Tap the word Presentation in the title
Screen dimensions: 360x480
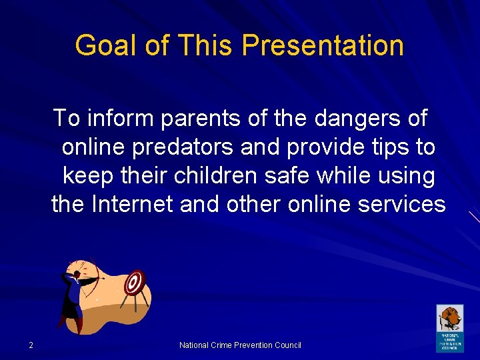click(x=323, y=46)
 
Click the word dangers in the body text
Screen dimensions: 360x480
click(x=356, y=119)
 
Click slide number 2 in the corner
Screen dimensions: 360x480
click(x=31, y=345)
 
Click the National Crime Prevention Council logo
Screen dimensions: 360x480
click(x=449, y=328)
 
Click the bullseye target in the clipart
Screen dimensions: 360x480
click(x=135, y=283)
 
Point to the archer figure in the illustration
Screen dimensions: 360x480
click(x=72, y=297)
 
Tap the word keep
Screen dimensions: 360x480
click(x=86, y=176)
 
